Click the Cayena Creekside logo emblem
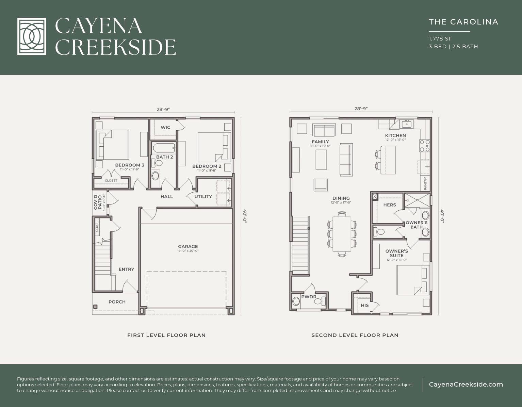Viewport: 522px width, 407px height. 32,36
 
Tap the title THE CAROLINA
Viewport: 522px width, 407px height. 463,22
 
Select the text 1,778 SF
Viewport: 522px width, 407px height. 440,39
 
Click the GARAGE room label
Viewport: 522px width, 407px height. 188,247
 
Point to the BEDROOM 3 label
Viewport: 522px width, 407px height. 129,165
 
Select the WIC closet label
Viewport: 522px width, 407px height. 165,128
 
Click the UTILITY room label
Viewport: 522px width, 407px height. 203,197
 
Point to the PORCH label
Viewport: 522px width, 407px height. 117,302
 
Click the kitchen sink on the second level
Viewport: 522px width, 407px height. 406,124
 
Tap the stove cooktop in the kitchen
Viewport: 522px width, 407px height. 424,146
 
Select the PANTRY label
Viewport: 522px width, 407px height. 425,183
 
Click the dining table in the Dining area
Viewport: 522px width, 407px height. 342,234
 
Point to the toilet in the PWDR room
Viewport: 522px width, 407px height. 296,302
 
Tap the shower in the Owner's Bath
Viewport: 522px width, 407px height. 417,200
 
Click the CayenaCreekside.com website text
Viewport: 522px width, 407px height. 466,385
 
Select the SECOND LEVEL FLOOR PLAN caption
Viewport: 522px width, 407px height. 355,335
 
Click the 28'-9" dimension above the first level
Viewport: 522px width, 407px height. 163,110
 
